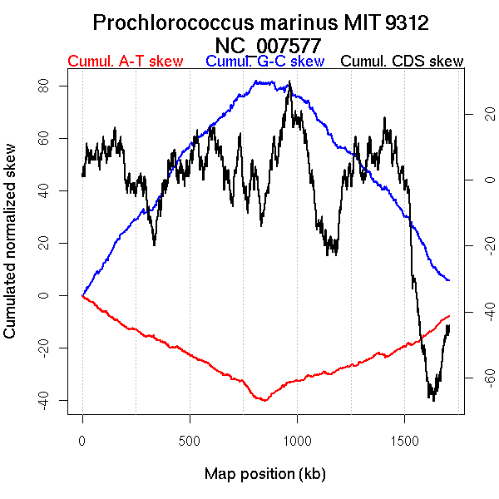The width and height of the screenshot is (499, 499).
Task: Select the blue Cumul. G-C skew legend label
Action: (x=264, y=62)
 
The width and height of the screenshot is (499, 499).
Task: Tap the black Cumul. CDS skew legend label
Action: (x=403, y=62)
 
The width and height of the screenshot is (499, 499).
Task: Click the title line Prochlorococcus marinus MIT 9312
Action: (x=260, y=22)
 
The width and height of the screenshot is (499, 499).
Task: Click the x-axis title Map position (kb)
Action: (x=264, y=474)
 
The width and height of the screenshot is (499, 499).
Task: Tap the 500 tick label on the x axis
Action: (x=190, y=439)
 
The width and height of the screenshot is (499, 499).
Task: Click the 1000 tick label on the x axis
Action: (x=297, y=439)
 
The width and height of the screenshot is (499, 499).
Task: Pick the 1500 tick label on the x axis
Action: (x=404, y=439)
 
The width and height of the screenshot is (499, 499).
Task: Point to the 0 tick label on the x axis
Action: (x=82, y=439)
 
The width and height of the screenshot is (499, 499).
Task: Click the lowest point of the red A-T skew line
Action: (x=265, y=401)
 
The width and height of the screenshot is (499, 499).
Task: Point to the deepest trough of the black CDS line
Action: (x=433, y=400)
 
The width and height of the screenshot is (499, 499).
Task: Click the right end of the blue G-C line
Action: (x=449, y=280)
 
